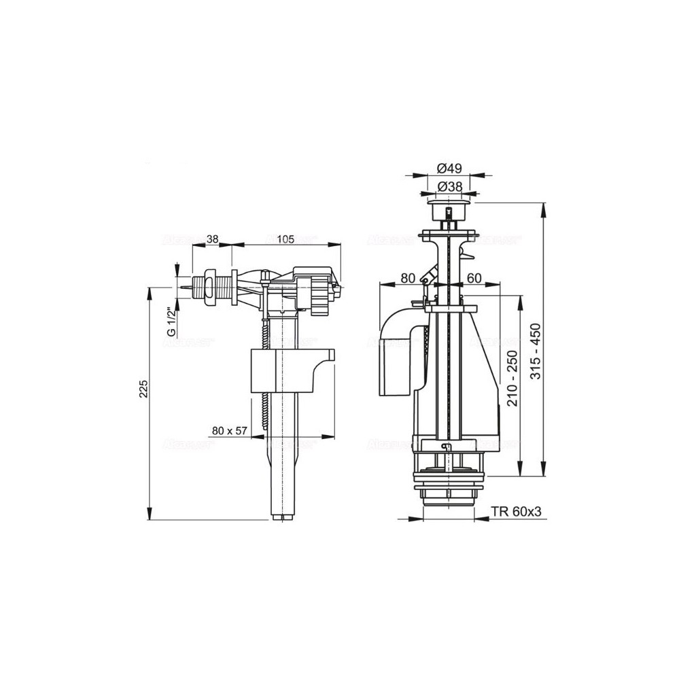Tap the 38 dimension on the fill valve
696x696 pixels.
pyautogui.click(x=212, y=239)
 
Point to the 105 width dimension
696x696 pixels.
pyautogui.click(x=285, y=239)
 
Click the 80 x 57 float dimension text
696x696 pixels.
pyautogui.click(x=230, y=430)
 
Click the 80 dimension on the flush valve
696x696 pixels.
pyautogui.click(x=408, y=277)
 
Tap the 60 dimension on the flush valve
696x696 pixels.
pyautogui.click(x=474, y=277)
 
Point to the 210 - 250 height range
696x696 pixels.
pyautogui.click(x=513, y=378)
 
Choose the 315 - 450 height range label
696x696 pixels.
pyautogui.click(x=536, y=351)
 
